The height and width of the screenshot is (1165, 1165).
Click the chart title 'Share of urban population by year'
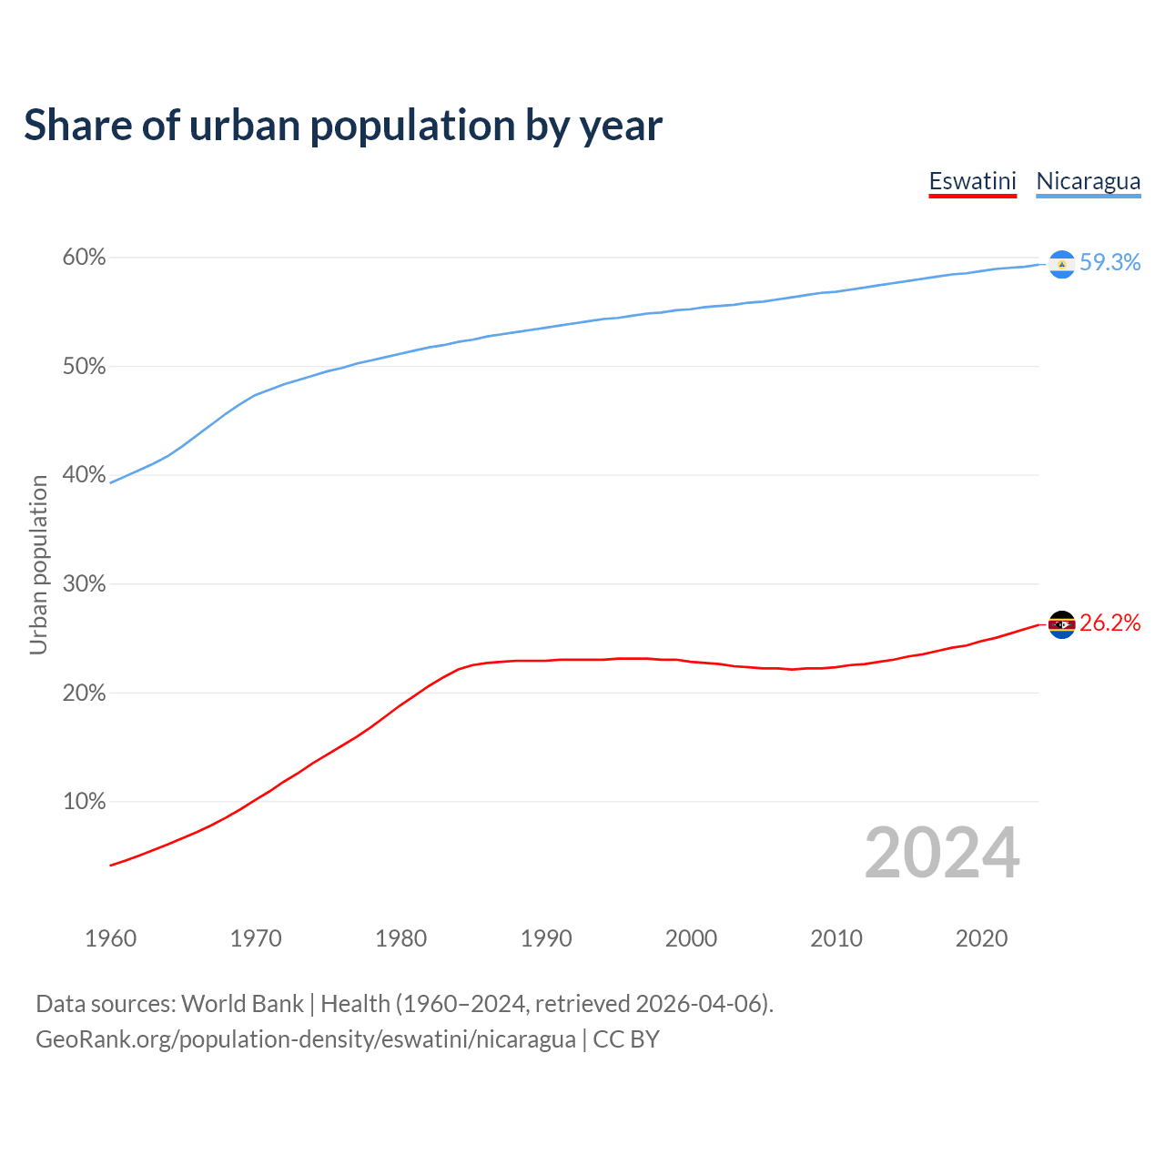click(x=343, y=126)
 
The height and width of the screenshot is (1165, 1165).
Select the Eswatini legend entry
click(x=972, y=181)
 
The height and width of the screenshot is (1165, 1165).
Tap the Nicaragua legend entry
click(x=1088, y=181)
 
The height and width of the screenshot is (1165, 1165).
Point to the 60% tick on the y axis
click(x=84, y=258)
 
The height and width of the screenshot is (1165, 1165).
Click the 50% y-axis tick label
click(x=84, y=367)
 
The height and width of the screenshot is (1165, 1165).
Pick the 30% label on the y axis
click(x=84, y=584)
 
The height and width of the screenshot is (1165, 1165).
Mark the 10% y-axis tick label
click(x=84, y=802)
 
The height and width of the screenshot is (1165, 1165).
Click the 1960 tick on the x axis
click(x=110, y=938)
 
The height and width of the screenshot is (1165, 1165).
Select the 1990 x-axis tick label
click(x=546, y=938)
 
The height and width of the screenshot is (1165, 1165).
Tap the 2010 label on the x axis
click(x=836, y=938)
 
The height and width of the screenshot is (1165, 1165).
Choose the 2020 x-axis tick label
click(x=981, y=938)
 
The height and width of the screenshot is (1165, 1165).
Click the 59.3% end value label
click(x=1109, y=263)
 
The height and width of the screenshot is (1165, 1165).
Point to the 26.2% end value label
click(x=1109, y=623)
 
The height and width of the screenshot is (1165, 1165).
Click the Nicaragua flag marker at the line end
click(x=1061, y=264)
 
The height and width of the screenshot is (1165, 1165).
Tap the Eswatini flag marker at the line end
click(x=1061, y=624)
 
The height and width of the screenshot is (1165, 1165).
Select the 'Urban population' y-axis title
click(x=38, y=564)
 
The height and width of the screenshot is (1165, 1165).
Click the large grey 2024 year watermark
click(x=942, y=853)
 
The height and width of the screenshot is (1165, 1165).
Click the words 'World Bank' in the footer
click(x=242, y=1004)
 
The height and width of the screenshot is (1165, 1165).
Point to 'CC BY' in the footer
click(x=626, y=1039)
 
